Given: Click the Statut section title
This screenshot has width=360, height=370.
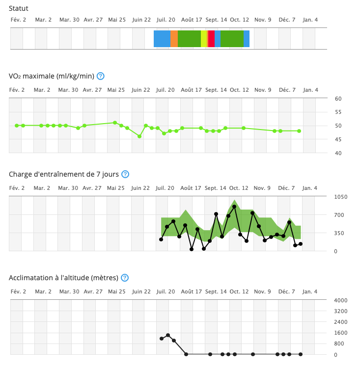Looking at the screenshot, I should tap(19, 8).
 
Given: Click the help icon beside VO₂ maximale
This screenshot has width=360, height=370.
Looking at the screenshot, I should tap(101, 76).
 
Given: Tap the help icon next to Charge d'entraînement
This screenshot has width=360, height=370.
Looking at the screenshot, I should tap(125, 174).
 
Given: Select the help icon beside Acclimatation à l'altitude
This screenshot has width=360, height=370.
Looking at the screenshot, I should tap(125, 278).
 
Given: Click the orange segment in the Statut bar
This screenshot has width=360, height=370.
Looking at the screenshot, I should tap(174, 39).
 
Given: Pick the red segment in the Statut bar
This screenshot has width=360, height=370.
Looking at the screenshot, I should tap(211, 39).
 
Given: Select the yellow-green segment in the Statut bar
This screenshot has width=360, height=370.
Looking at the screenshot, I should tap(204, 39).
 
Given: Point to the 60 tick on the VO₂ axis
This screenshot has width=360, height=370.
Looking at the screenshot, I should tap(338, 99).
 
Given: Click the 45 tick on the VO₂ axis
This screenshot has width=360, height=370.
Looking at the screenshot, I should tap(338, 139).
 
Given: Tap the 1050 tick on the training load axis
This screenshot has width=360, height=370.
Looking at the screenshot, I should tap(341, 197).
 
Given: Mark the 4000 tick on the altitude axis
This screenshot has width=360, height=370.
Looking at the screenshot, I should tap(341, 300).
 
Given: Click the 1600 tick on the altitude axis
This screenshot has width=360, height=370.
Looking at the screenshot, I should tap(341, 333).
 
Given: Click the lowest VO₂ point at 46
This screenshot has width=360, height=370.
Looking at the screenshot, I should tap(139, 136).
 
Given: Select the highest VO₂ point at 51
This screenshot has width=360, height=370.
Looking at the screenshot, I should tap(115, 123).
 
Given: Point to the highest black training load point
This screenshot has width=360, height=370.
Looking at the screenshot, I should tap(234, 207).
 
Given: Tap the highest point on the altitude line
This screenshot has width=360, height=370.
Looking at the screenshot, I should tap(168, 335).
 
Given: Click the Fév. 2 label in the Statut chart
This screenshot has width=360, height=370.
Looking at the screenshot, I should tap(19, 20).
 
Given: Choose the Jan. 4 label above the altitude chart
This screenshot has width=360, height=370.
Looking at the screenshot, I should tap(309, 291).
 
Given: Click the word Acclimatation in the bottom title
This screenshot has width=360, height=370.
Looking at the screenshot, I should tap(32, 278).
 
